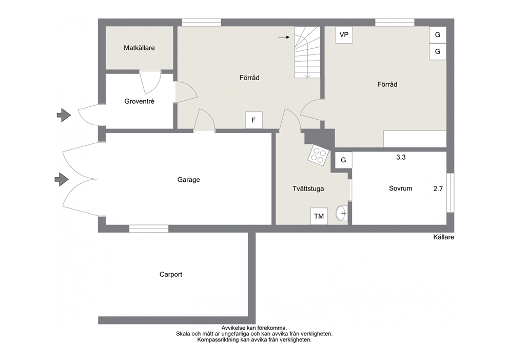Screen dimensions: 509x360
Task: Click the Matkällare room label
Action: click(139, 48)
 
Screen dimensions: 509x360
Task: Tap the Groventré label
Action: click(139, 101)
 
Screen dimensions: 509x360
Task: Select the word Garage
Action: click(189, 180)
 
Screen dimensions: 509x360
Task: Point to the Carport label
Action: click(171, 275)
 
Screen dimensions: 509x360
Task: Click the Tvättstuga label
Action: click(308, 189)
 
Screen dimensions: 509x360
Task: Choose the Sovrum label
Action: click(401, 188)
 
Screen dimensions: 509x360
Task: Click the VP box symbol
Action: click(344, 35)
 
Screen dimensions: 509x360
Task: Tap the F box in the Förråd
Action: click(253, 120)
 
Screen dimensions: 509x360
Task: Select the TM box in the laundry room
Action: click(319, 216)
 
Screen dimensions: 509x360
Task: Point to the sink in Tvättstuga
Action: click(342, 214)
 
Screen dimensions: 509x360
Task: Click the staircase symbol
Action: click(307, 52)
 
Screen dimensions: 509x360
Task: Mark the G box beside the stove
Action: click(343, 160)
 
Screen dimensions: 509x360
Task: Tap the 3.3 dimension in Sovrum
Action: click(401, 157)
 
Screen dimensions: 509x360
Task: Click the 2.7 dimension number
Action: click(438, 189)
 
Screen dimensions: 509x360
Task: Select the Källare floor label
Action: click(443, 237)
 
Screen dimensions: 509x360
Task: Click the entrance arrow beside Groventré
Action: click(64, 115)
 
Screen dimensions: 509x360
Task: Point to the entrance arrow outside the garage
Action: click(62, 179)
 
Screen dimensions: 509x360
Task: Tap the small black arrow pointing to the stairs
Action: click(284, 37)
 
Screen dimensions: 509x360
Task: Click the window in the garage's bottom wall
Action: click(149, 229)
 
